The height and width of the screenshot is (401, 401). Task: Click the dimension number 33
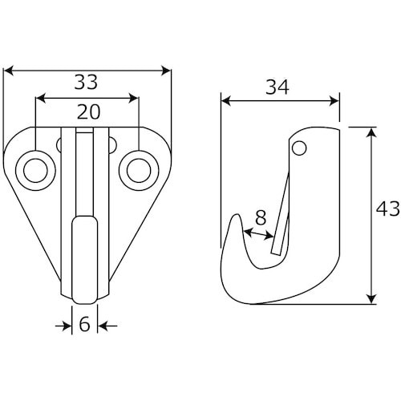point(86,82)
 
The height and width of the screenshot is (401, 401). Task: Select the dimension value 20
point(89,112)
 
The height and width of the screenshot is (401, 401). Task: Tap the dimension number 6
point(84,324)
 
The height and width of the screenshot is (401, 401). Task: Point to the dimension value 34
point(277,87)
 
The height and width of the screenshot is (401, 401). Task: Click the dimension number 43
point(388,209)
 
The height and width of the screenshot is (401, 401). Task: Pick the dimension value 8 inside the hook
point(261,217)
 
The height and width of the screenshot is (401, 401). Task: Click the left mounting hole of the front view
point(35,171)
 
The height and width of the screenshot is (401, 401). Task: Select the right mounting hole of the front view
point(139,171)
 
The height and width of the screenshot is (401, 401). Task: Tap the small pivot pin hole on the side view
point(299,148)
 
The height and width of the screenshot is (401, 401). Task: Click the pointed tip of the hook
point(237,214)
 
